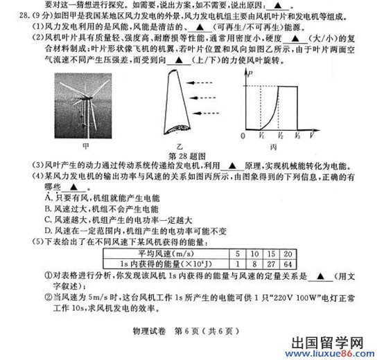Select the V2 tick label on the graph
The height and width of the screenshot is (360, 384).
point(281,136)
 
